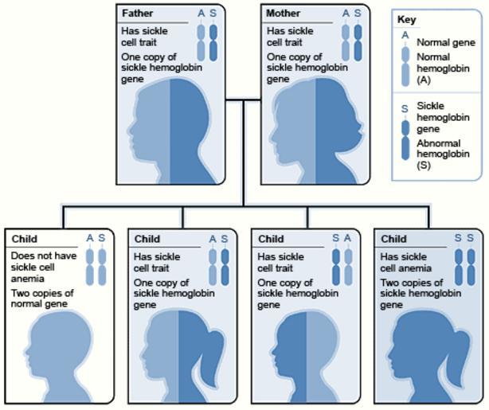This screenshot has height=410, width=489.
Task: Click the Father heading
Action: tap(137, 14)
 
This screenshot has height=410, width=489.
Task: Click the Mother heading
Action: tap(284, 14)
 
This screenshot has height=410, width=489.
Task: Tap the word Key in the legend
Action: tap(406, 19)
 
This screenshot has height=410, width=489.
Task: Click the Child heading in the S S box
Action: tap(393, 239)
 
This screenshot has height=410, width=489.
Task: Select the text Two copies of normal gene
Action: tap(41, 299)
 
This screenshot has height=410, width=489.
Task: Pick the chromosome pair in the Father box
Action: tap(206, 41)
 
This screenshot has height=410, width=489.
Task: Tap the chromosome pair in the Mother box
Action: tap(351, 41)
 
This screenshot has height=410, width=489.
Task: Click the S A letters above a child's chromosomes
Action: tap(342, 238)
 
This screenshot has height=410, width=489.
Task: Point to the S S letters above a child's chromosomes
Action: tap(464, 238)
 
